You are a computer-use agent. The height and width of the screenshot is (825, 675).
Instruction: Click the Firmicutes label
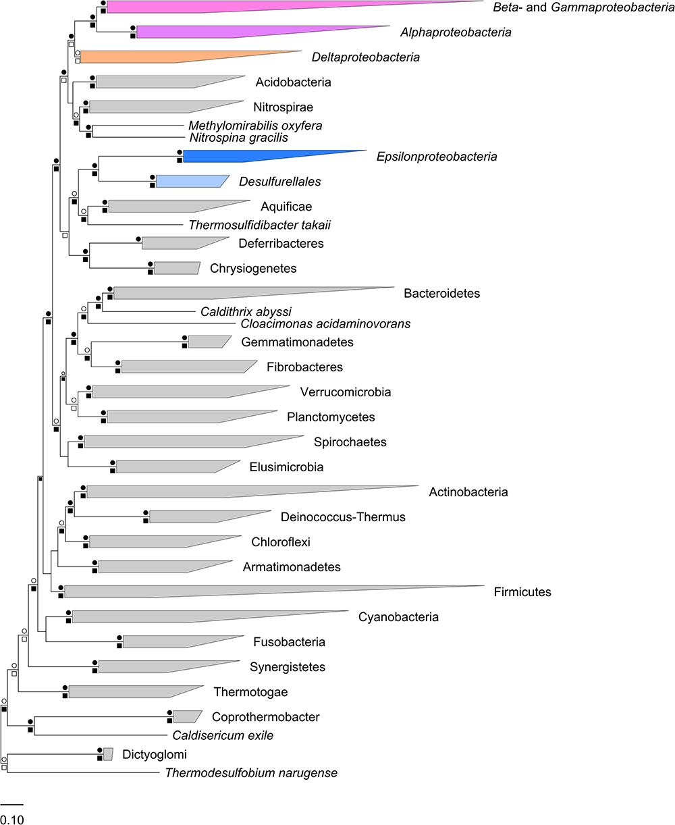pos(523,592)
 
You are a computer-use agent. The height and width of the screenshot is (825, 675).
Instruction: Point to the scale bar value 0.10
pos(11,820)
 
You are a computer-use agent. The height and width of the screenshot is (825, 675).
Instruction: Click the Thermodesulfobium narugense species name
pos(251,772)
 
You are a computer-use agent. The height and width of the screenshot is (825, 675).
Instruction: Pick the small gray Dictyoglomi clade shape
pos(108,753)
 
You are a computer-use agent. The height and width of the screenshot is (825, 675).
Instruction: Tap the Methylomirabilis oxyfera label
pos(255,126)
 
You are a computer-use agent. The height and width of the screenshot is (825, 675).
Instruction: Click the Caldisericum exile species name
pos(223,735)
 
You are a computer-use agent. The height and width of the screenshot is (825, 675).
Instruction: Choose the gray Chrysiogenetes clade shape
pos(176,268)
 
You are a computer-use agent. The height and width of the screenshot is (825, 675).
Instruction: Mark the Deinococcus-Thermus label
pos(343,517)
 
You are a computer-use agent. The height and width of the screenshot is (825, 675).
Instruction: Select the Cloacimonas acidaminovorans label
pos(325,323)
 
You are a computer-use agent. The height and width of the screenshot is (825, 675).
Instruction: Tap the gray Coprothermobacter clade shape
pos(186,716)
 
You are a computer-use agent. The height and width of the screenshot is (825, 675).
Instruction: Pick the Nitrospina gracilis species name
pos(239,137)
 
